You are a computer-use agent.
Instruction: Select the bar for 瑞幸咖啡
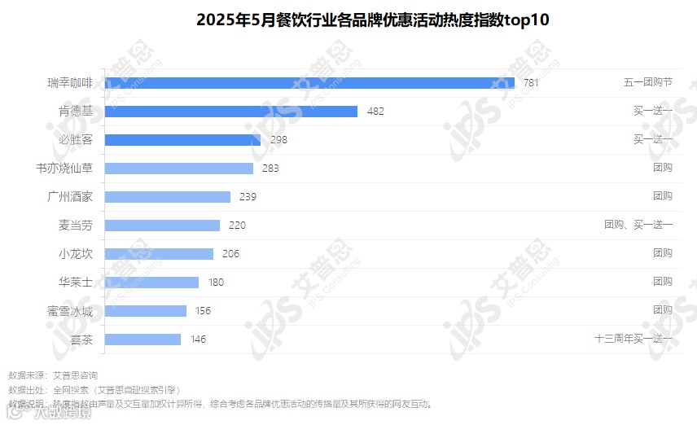(x=309, y=83)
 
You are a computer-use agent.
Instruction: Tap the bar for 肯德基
(x=231, y=112)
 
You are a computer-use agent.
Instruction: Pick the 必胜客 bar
(x=182, y=140)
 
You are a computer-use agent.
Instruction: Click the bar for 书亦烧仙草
(x=179, y=169)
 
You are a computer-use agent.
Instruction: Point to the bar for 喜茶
(x=142, y=340)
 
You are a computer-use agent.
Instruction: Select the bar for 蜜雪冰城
(x=146, y=311)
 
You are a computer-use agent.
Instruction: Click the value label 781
(x=531, y=83)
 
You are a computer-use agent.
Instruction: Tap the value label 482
(x=375, y=112)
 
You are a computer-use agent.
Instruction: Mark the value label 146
(x=198, y=340)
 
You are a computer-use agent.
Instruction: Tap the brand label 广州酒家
(x=71, y=197)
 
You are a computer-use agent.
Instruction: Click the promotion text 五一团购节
(x=648, y=83)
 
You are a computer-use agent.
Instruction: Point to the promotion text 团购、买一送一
(x=638, y=226)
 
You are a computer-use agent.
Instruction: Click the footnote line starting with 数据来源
(x=53, y=375)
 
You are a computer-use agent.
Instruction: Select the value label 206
(x=230, y=254)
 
